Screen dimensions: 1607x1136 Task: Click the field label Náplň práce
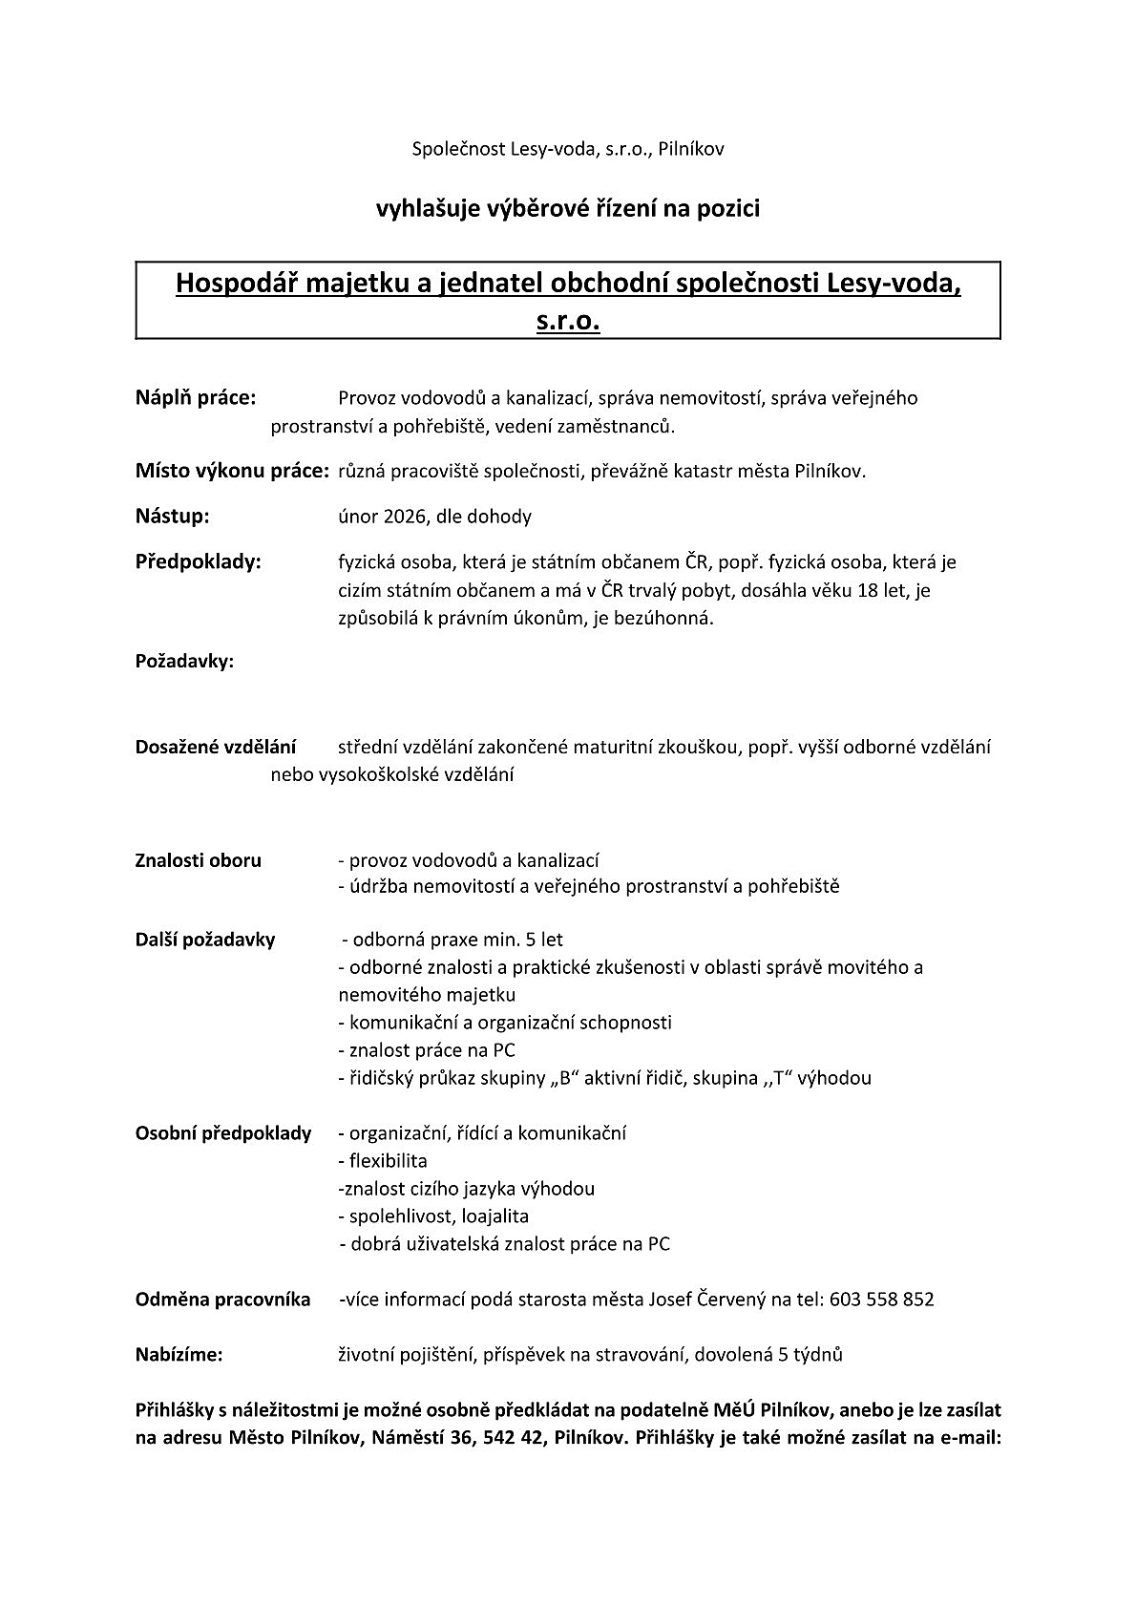tap(196, 398)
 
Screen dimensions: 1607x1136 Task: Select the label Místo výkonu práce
tap(232, 471)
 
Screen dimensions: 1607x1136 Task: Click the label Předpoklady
tap(199, 561)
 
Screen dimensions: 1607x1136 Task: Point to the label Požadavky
tap(185, 661)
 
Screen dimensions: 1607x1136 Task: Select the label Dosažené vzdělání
tap(216, 747)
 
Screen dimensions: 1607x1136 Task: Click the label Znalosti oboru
tap(199, 860)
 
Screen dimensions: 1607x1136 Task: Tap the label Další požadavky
tap(205, 940)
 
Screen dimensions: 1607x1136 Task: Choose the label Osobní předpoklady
tap(223, 1133)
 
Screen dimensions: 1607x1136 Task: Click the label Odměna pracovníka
tap(222, 1300)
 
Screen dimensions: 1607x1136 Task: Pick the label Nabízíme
tap(179, 1354)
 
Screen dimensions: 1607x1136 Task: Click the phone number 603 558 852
tap(882, 1300)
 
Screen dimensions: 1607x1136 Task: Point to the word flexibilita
tap(389, 1161)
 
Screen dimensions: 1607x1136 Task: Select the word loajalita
tap(494, 1216)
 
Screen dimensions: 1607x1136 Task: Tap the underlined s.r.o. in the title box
tap(568, 322)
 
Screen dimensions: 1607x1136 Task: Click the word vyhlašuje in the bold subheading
tap(417, 207)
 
